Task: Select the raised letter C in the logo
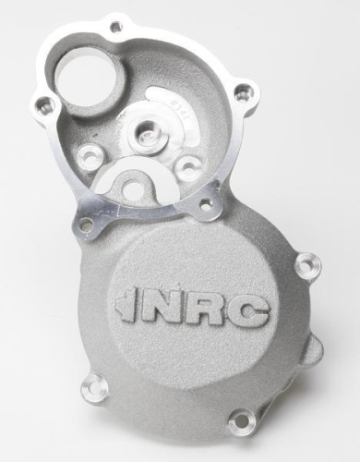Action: pos(251,316)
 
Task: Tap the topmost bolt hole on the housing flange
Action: pos(115,26)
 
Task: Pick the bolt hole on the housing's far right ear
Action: pos(243,93)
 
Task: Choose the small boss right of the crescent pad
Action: pos(188,166)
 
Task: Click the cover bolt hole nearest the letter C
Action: pos(302,268)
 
